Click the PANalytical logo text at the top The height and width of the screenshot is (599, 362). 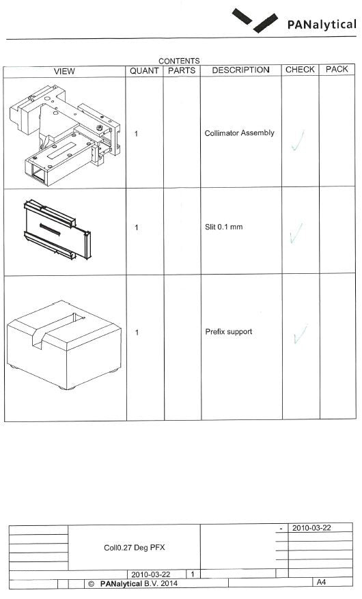[322, 25]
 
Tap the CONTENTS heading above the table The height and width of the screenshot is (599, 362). [179, 61]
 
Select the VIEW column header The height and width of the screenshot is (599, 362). [64, 72]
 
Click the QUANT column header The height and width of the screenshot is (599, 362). [144, 71]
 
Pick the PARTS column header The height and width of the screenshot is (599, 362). [182, 70]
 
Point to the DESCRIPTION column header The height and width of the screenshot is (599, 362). [240, 70]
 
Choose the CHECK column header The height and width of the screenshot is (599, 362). [300, 70]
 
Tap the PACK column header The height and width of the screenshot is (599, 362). [337, 69]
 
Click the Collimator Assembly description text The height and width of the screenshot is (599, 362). [240, 133]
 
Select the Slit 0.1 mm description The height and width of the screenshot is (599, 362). [223, 227]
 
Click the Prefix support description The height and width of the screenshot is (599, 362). [229, 331]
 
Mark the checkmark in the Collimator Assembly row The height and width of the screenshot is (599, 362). [298, 141]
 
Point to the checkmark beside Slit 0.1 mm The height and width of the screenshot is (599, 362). [296, 233]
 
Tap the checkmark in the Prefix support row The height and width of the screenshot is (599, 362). [301, 334]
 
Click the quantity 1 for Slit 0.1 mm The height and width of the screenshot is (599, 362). [137, 227]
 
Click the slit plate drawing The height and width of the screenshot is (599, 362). [57, 230]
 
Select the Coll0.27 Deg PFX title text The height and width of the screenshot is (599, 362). [134, 548]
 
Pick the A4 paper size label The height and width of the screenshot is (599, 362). [321, 582]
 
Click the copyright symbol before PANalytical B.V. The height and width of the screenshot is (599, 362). [91, 584]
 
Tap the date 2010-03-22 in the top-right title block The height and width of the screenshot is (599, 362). [311, 528]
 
